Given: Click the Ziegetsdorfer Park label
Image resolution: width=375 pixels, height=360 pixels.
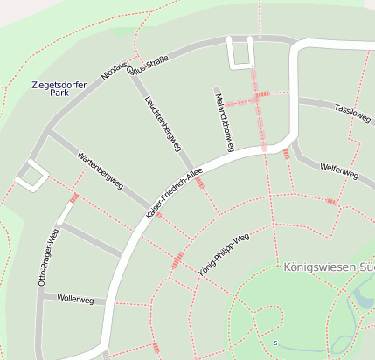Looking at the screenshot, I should pyautogui.click(x=59, y=87).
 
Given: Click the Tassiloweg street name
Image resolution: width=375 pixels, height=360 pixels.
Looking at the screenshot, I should pyautogui.click(x=352, y=114).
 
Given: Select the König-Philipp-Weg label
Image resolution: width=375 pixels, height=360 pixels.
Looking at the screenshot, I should pyautogui.click(x=224, y=254).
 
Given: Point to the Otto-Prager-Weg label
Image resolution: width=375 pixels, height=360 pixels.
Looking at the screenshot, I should pyautogui.click(x=47, y=259).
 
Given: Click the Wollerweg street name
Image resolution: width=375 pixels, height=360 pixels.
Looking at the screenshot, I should pyautogui.click(x=74, y=299).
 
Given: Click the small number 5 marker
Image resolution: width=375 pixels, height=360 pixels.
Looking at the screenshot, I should pyautogui.click(x=274, y=342).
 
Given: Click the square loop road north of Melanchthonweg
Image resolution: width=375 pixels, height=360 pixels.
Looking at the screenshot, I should pyautogui.click(x=240, y=53).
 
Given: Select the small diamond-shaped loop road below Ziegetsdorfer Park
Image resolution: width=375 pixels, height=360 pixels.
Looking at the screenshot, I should pyautogui.click(x=31, y=175).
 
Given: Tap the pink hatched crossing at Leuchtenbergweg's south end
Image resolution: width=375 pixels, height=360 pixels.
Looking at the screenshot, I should pyautogui.click(x=200, y=183).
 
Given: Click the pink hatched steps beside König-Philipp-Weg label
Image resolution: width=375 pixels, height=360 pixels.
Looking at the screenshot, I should pyautogui.click(x=178, y=259).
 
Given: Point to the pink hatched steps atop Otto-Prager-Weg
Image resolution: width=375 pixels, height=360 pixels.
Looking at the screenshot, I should pyautogui.click(x=74, y=198).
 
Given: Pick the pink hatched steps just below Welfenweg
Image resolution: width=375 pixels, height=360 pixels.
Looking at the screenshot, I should pyautogui.click(x=330, y=202).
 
